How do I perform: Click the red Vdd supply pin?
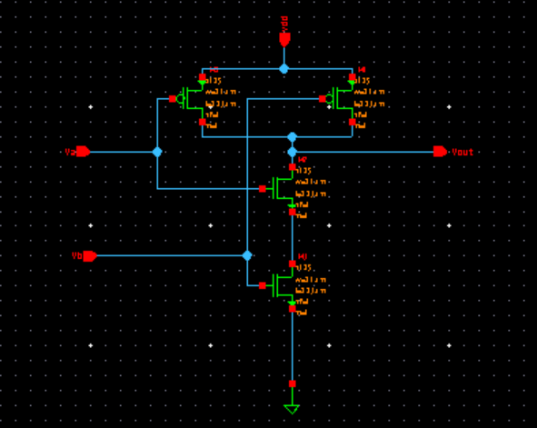(284, 38)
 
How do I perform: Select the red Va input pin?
(83, 152)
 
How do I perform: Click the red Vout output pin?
(440, 152)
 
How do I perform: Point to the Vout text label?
(463, 152)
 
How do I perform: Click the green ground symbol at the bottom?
(292, 408)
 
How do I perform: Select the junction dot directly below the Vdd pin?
(284, 69)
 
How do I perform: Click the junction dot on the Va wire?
(157, 152)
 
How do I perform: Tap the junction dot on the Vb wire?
(246, 255)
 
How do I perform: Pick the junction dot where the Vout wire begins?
(292, 152)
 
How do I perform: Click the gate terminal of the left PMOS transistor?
(173, 98)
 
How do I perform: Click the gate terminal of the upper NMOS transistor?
(262, 188)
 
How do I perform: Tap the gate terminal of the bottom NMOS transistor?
(262, 285)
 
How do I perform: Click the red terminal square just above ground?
(292, 383)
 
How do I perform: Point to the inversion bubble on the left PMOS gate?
(182, 98)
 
